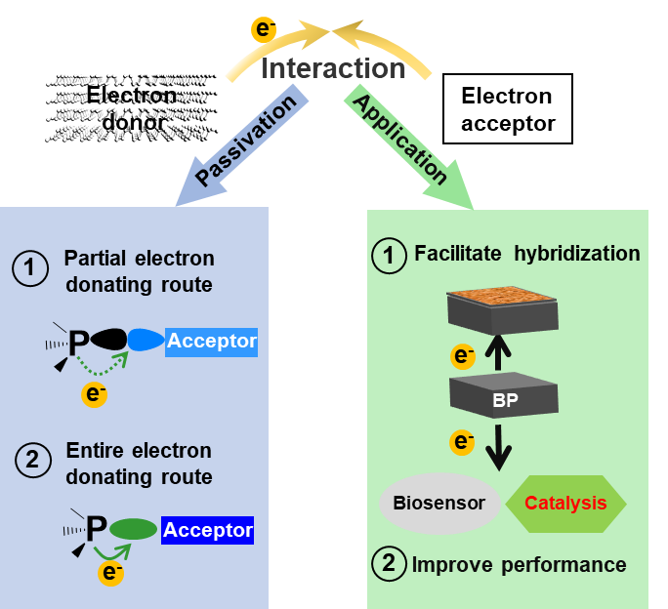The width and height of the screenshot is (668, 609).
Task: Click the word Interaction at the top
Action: coord(333,69)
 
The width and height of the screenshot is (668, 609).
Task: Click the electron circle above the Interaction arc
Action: coord(264,29)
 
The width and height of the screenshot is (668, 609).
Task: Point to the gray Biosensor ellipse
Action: coord(438,504)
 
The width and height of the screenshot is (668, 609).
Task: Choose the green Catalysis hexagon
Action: coord(565,504)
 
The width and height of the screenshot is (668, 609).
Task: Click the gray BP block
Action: coord(504,395)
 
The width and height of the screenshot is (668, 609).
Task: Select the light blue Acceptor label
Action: coord(211,341)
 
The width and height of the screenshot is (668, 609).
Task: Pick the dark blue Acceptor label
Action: coord(207,531)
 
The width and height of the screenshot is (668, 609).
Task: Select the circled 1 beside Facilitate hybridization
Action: coord(390,256)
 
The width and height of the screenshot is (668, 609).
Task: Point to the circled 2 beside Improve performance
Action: coord(390,563)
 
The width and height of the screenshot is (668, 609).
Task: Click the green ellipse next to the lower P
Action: coord(133,530)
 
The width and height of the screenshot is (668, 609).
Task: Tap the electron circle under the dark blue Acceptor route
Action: coord(111,573)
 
